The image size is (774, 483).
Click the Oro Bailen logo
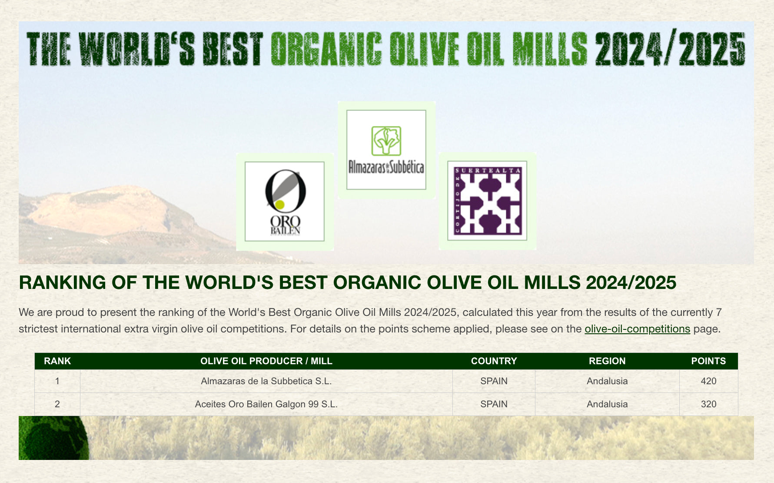pyautogui.click(x=285, y=201)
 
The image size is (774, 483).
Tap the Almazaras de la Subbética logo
pyautogui.click(x=386, y=150)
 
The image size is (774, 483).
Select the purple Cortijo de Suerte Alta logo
pyautogui.click(x=487, y=201)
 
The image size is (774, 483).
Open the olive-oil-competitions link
pyautogui.click(x=637, y=329)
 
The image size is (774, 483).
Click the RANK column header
pyautogui.click(x=57, y=361)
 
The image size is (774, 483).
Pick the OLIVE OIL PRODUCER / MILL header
pyautogui.click(x=266, y=361)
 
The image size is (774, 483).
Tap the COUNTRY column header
pyautogui.click(x=494, y=361)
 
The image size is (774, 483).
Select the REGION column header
pyautogui.click(x=607, y=361)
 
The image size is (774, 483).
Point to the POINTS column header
pyautogui.click(x=708, y=361)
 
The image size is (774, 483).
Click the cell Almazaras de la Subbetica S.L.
pyautogui.click(x=266, y=381)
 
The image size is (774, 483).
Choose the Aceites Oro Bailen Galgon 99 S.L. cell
pyautogui.click(x=266, y=404)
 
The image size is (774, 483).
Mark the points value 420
pyautogui.click(x=708, y=381)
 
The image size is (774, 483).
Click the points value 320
pyautogui.click(x=708, y=404)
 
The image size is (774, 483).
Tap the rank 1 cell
pyautogui.click(x=57, y=381)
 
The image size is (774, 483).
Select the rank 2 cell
pyautogui.click(x=57, y=404)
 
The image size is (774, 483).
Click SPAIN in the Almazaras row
pyautogui.click(x=494, y=381)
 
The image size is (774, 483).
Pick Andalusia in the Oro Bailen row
pyautogui.click(x=607, y=404)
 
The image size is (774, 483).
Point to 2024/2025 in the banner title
pyautogui.click(x=670, y=49)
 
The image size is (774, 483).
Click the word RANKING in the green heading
pyautogui.click(x=62, y=283)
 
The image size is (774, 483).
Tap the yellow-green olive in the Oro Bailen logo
pyautogui.click(x=280, y=205)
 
